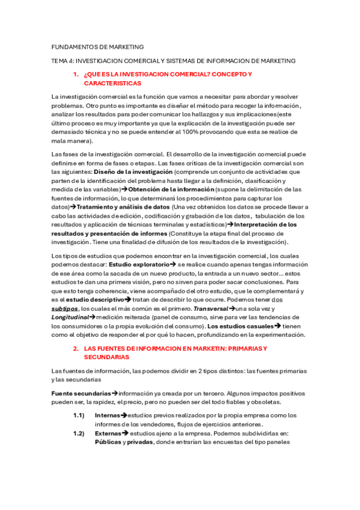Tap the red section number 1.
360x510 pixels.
(x=75, y=74)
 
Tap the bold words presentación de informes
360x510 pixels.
(x=121, y=233)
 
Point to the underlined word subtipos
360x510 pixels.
(x=65, y=308)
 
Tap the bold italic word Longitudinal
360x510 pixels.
(x=70, y=317)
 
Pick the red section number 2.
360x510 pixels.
(x=75, y=348)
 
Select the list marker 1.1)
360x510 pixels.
(x=78, y=415)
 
